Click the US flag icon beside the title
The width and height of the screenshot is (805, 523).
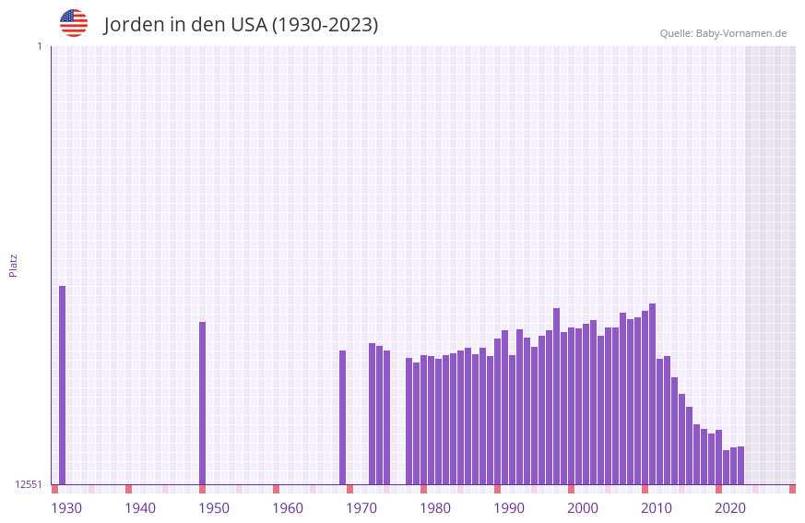[x=74, y=23]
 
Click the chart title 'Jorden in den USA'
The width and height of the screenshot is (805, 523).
[x=241, y=25]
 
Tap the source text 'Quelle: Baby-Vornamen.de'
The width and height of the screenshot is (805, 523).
[x=723, y=33]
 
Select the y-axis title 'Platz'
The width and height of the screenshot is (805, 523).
[x=13, y=266]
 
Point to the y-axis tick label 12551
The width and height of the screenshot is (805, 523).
[x=28, y=484]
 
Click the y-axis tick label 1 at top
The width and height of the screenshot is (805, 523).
[x=39, y=46]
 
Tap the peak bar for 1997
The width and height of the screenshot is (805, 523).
[x=557, y=396]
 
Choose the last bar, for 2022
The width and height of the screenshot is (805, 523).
[x=741, y=465]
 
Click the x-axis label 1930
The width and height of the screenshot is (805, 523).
[x=66, y=508]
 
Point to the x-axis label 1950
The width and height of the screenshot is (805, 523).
[x=214, y=508]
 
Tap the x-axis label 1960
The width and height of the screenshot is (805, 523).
[x=288, y=508]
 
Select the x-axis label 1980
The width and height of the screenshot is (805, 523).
[x=435, y=508]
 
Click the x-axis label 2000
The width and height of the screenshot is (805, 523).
[x=583, y=508]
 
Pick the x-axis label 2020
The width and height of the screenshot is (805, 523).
[x=730, y=508]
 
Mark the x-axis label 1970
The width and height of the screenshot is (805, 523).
[x=361, y=508]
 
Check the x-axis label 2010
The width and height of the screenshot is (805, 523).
[x=657, y=508]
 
